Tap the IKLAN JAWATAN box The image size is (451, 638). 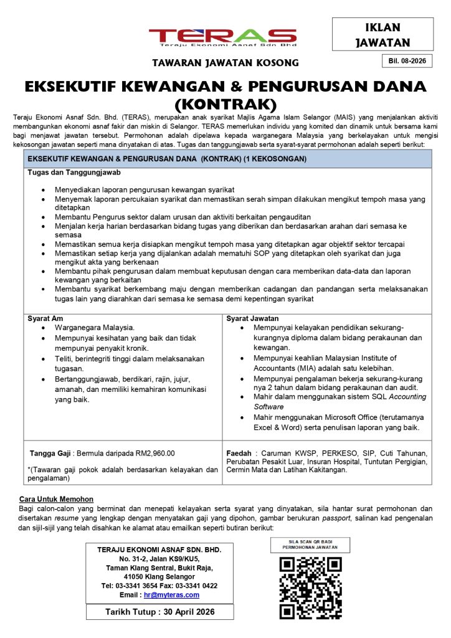coord(382,35)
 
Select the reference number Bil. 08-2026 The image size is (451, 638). coord(406,61)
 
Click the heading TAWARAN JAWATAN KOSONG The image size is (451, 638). coord(226,63)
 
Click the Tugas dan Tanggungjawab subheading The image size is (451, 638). coord(74,172)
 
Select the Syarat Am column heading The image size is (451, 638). coord(45,318)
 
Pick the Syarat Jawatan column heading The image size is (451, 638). coord(252,318)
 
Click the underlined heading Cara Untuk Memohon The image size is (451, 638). coord(56,499)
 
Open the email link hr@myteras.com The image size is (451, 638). coord(171,595)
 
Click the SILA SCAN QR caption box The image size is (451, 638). coord(310,544)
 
